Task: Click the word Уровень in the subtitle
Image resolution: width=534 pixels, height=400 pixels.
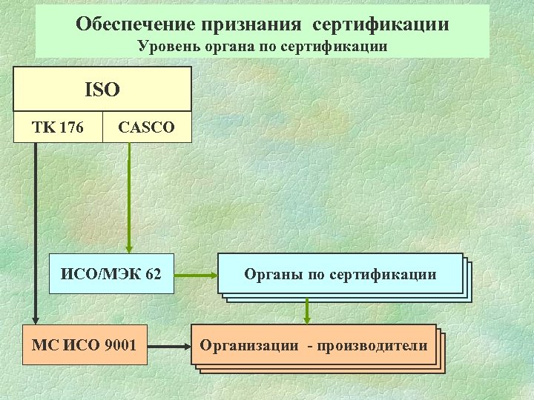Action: point(165,46)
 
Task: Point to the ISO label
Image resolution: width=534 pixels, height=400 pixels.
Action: point(102,90)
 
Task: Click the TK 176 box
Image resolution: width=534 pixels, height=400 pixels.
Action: point(58,127)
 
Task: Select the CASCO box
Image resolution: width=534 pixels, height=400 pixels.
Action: point(147,127)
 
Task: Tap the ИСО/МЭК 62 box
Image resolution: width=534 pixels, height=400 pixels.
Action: point(111,274)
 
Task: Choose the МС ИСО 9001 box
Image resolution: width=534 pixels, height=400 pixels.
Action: point(85,345)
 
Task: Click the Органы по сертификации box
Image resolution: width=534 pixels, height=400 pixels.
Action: point(340,275)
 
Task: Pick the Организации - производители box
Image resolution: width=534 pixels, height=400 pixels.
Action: point(314,345)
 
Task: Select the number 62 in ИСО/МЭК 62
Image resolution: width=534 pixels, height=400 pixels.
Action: point(153,274)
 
